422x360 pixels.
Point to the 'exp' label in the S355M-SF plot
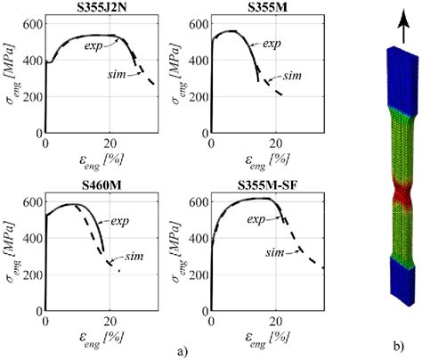(x=258, y=219)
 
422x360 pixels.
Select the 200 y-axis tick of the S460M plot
(x=31, y=282)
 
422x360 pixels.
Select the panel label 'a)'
(x=184, y=350)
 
